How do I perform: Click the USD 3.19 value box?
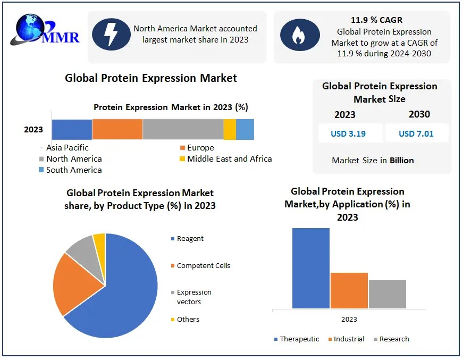[348, 133]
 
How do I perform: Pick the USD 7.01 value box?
[416, 133]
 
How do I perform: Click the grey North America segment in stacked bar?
[183, 130]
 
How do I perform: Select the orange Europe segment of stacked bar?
[117, 130]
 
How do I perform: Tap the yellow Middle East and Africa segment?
[230, 130]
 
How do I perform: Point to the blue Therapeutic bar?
[311, 268]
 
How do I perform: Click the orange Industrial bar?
[349, 290]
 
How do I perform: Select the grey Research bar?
[387, 294]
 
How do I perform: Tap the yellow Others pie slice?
[99, 241]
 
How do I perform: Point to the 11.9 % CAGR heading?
[376, 20]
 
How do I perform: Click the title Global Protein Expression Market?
[151, 78]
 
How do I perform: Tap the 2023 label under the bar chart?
[349, 319]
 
